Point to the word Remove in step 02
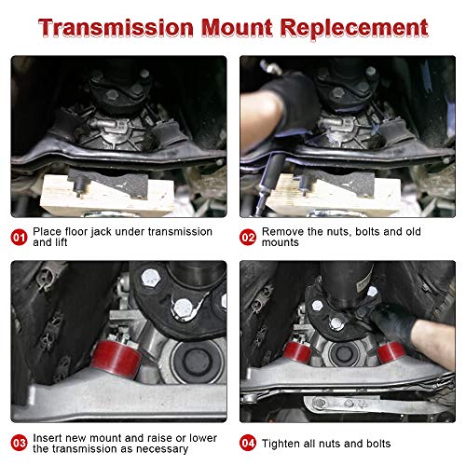(283, 231)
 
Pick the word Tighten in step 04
(284, 443)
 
